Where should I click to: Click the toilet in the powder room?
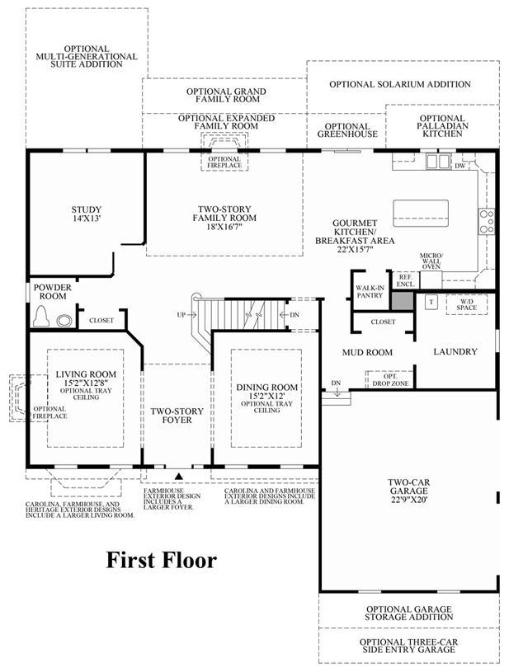[x=41, y=317]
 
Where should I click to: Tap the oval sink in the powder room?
[x=64, y=321]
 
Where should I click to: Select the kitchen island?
[x=421, y=213]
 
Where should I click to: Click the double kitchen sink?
[x=437, y=162]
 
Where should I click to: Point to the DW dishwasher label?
[x=460, y=166]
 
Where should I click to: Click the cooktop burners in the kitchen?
[x=486, y=221]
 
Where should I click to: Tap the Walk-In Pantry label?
[x=370, y=292]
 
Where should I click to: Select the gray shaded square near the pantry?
[x=403, y=300]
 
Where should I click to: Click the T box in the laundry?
[x=431, y=302]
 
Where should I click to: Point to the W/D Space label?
[x=467, y=304]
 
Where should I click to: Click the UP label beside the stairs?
[x=181, y=315]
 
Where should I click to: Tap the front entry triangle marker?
[x=179, y=475]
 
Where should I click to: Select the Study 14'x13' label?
[x=86, y=214]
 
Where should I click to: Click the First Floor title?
[x=161, y=560]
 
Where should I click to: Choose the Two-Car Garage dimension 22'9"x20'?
[x=409, y=500]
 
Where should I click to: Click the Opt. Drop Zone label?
[x=390, y=380]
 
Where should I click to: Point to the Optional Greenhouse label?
[x=347, y=130]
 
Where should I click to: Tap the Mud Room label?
[x=367, y=352]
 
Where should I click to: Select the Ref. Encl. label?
[x=405, y=280]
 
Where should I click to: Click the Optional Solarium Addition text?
[x=400, y=84]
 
